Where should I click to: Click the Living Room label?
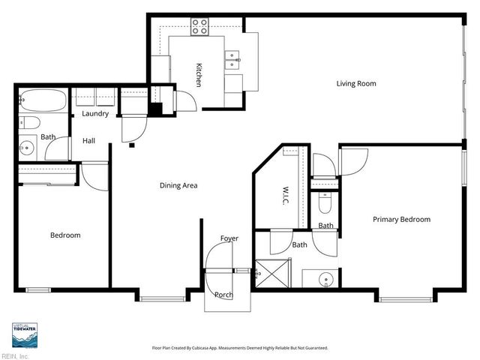tap(355, 83)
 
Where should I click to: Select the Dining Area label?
tap(178, 185)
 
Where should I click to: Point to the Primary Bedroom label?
tap(401, 219)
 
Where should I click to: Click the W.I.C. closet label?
tap(286, 196)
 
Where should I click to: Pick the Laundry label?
tap(95, 114)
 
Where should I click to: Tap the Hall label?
tap(88, 140)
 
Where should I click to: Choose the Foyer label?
tap(229, 238)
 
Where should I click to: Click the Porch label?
tap(223, 294)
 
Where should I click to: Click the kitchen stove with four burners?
tap(199, 27)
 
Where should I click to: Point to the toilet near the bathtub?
tap(28, 122)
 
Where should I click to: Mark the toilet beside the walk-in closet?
tap(325, 202)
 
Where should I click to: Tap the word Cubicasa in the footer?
tap(224, 348)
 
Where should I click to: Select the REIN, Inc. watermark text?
tap(15, 355)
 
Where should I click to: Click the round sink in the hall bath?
tap(28, 147)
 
